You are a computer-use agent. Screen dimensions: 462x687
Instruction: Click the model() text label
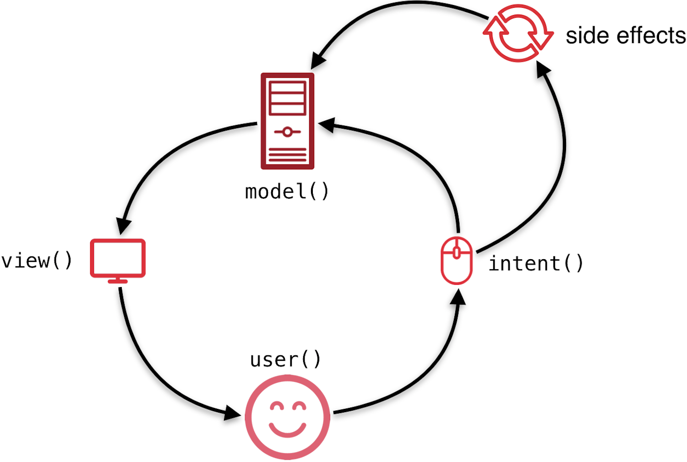(287, 191)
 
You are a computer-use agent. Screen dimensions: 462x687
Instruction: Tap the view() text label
(37, 261)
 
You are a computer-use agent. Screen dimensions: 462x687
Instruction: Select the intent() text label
(535, 264)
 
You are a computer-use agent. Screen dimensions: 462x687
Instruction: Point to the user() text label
(285, 359)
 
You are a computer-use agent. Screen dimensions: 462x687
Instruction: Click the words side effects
(626, 36)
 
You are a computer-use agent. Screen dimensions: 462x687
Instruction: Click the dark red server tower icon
(287, 121)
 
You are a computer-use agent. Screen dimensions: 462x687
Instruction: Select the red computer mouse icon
(456, 261)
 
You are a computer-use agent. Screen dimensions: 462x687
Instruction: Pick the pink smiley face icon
(287, 417)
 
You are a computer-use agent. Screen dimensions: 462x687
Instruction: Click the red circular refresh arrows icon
(518, 33)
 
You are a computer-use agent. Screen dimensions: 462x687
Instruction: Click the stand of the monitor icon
(118, 280)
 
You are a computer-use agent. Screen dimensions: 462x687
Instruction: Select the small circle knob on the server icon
(287, 132)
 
